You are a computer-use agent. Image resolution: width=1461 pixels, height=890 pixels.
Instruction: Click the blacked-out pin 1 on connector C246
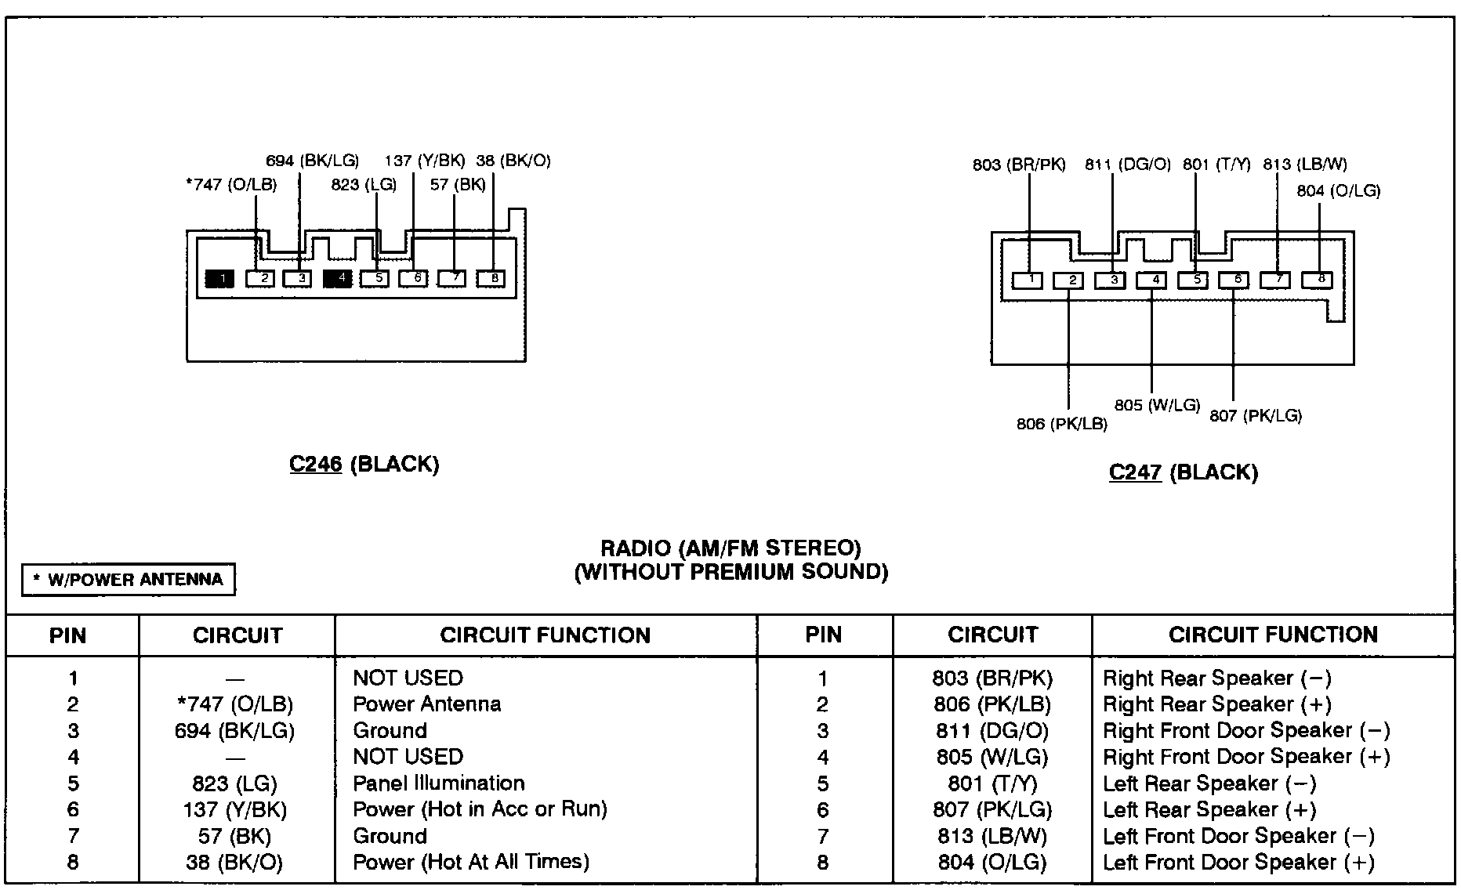[x=219, y=278]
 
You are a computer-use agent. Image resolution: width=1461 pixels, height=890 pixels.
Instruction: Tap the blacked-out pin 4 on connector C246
[x=338, y=278]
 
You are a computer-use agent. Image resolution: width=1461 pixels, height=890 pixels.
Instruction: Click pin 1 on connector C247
[x=1028, y=280]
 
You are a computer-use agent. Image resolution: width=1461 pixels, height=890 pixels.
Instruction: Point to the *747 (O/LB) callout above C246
[x=231, y=186]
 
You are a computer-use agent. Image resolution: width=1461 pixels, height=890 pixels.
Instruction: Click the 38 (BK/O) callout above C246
[x=513, y=161]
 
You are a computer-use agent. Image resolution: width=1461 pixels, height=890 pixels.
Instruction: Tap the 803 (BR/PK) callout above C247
[x=1019, y=165]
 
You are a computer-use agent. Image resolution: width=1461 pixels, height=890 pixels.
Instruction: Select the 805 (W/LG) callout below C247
[x=1157, y=405]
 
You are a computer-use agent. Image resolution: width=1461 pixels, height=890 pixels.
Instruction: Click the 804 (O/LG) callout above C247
[x=1338, y=190]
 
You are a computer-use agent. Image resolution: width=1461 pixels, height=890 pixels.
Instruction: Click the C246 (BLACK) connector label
[x=364, y=465]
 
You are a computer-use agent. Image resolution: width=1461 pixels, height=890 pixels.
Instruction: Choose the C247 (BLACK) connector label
[x=1183, y=472]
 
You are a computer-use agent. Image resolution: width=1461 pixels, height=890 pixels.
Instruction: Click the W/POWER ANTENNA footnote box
[x=128, y=580]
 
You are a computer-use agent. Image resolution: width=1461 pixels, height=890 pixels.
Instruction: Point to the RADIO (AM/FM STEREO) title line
[x=730, y=548]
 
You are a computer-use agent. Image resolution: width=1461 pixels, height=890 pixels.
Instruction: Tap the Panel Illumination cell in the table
[x=438, y=783]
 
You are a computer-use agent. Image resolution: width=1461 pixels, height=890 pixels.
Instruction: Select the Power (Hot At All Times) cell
[x=470, y=862]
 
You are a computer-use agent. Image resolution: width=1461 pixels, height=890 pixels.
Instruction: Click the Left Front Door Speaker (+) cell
[x=1238, y=863]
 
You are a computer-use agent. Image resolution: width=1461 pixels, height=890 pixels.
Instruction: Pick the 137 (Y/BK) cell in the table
[x=234, y=809]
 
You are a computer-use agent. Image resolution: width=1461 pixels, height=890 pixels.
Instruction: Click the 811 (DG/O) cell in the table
[x=992, y=731]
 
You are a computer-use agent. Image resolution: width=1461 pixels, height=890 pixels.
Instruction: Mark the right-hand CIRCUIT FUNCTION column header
[x=1272, y=635]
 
